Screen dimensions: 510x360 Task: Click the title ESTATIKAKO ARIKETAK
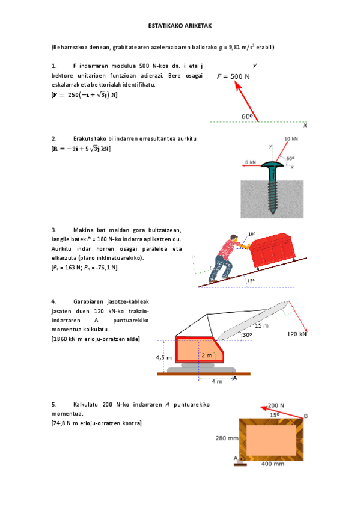[180, 26]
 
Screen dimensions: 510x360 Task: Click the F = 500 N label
[233, 76]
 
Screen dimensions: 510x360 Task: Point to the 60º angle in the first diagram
[246, 117]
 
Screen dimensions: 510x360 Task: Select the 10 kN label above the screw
[291, 138]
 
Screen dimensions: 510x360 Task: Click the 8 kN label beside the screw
[250, 162]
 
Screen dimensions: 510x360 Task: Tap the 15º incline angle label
[250, 280]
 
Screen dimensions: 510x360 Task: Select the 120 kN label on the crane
[296, 333]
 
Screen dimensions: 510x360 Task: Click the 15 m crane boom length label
[261, 325]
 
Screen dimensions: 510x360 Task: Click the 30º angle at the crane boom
[246, 335]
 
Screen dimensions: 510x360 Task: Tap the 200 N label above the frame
[276, 405]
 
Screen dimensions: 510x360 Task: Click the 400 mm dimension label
[272, 464]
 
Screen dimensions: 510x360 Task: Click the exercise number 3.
[54, 230]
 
